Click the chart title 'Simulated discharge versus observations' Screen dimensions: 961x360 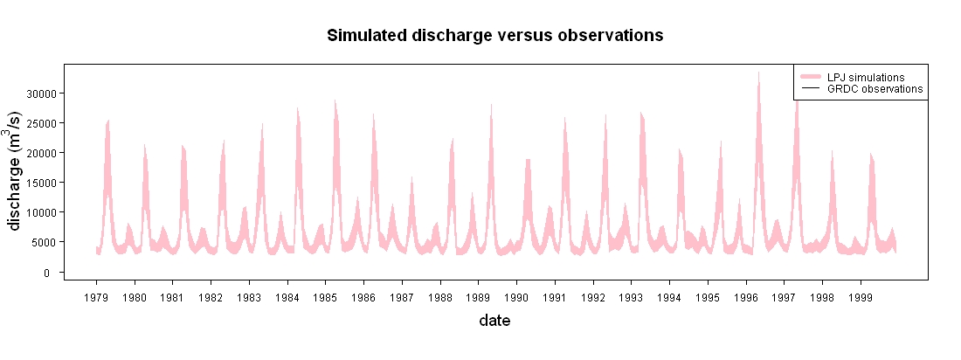click(494, 36)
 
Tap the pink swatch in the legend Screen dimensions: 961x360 click(809, 77)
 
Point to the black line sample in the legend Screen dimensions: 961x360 click(809, 89)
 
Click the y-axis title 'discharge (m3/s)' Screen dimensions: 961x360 click(16, 171)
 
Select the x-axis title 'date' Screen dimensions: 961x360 click(494, 320)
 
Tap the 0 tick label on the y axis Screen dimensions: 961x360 click(54, 272)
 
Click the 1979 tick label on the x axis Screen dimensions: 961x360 click(96, 298)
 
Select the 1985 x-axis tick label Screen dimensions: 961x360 click(326, 298)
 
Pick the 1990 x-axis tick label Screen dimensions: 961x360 click(516, 298)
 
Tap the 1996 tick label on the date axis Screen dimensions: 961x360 click(746, 298)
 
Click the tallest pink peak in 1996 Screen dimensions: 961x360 click(758, 73)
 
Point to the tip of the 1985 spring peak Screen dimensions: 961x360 click(335, 100)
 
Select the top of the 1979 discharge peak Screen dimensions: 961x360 click(108, 121)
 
